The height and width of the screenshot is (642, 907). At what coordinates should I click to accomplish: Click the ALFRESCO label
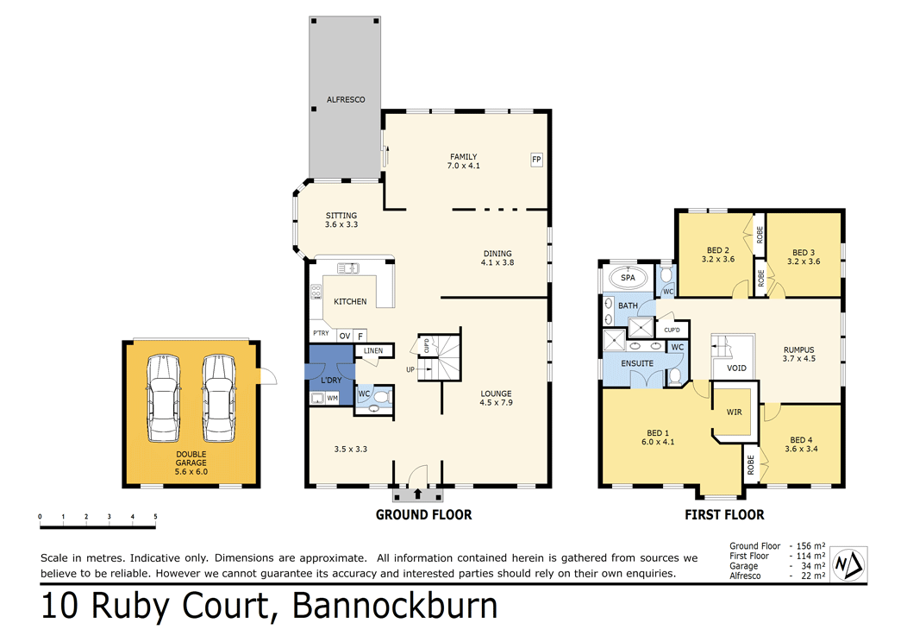[345, 100]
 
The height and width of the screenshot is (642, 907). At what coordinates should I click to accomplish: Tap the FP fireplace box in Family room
[535, 160]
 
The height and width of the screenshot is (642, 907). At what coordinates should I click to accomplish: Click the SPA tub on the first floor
[628, 279]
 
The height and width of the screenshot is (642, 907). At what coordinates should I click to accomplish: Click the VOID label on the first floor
[736, 368]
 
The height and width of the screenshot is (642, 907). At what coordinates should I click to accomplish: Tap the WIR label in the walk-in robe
[735, 412]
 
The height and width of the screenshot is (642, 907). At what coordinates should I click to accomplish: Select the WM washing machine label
[332, 398]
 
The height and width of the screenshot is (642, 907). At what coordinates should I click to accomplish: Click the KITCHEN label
[350, 302]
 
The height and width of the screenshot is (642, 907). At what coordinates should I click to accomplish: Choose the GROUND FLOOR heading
[423, 515]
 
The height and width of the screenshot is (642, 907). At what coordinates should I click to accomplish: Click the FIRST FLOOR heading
[725, 515]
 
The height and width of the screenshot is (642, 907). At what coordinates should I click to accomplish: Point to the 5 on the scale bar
[155, 517]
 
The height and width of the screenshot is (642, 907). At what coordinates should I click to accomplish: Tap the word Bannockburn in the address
[396, 606]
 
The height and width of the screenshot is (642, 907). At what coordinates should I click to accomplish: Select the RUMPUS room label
[798, 349]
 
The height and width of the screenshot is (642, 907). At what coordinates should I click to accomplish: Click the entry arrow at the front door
[418, 494]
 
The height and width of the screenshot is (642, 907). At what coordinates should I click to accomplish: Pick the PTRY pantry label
[320, 334]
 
